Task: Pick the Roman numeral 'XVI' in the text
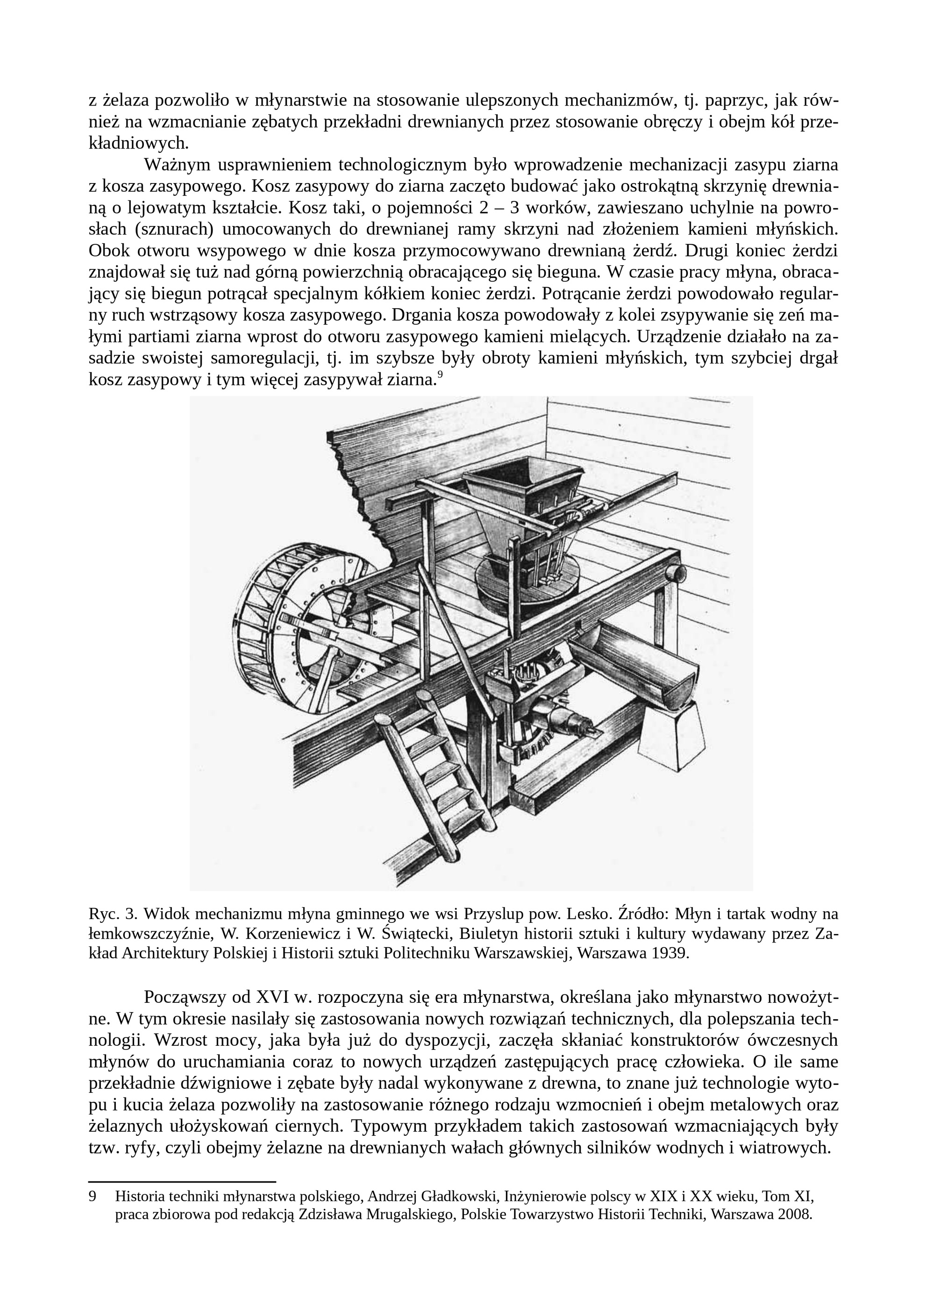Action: tap(272, 997)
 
